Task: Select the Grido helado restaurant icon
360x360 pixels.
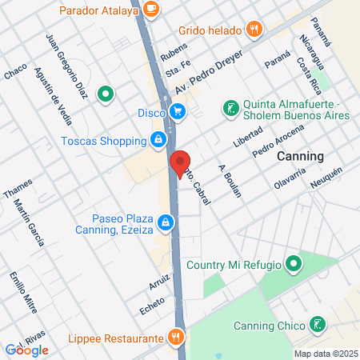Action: click(x=254, y=30)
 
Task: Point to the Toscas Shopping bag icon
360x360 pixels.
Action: click(x=159, y=141)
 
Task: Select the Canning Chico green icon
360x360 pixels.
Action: click(x=318, y=325)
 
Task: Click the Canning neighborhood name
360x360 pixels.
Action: click(x=300, y=156)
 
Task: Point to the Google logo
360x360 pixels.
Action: click(x=27, y=350)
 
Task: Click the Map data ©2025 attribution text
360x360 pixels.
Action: click(x=325, y=354)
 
